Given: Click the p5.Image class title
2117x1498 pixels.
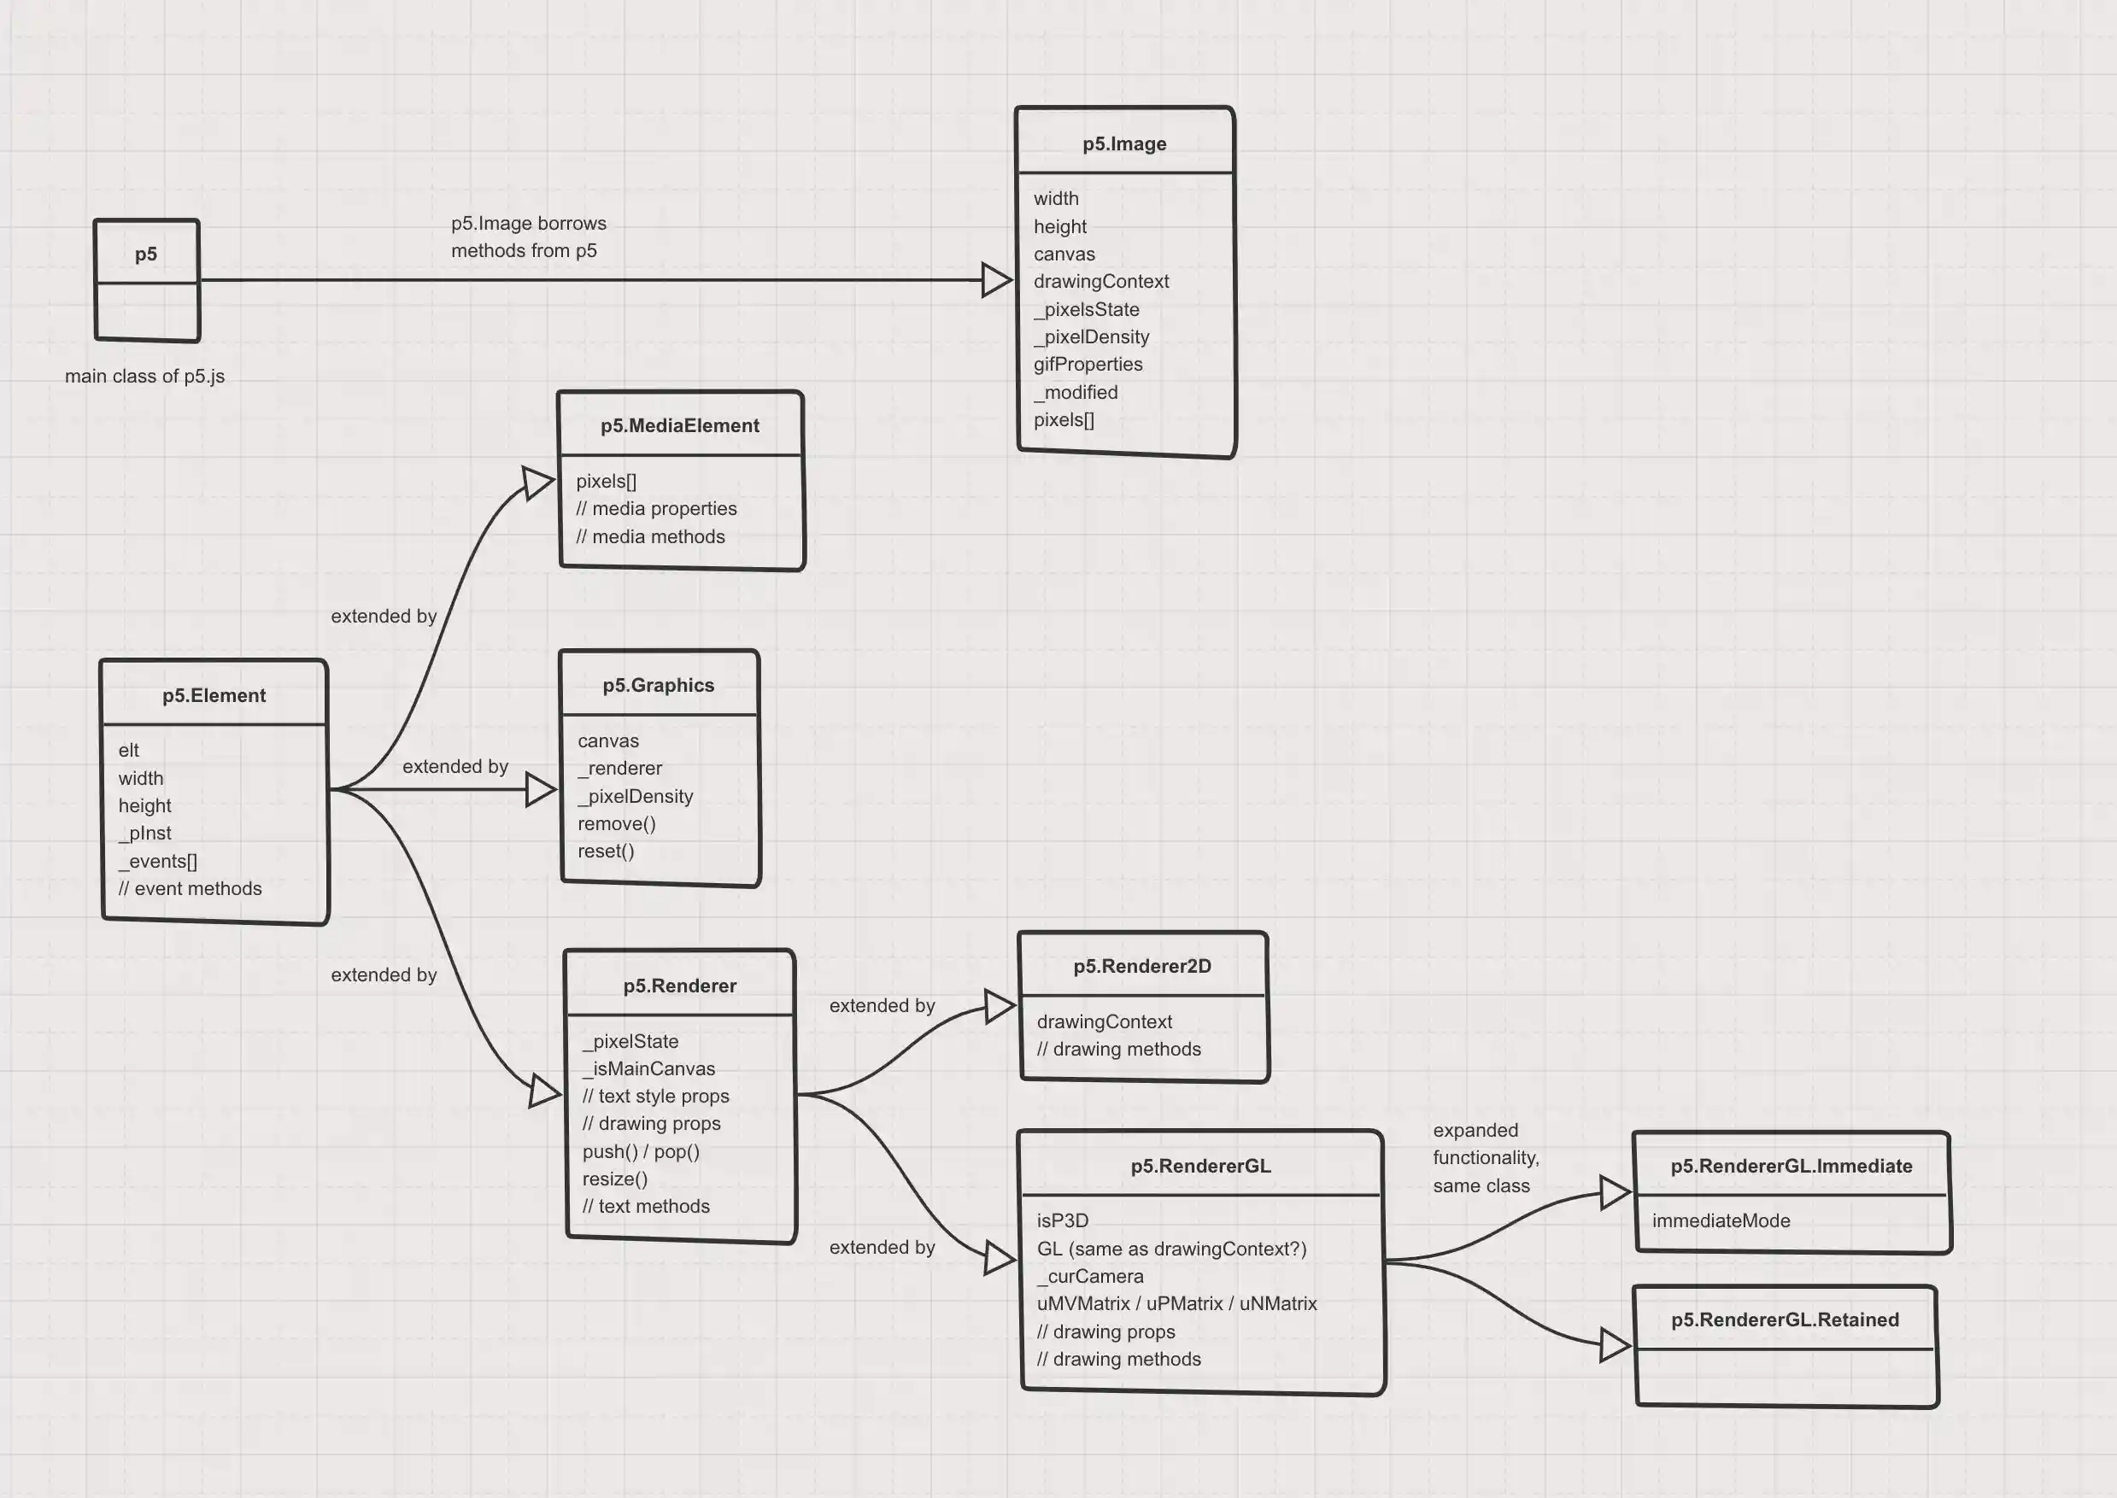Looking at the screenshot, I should [1123, 143].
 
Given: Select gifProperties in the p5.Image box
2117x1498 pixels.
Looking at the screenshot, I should [1088, 365].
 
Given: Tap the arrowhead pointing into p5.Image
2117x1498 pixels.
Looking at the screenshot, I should [996, 279].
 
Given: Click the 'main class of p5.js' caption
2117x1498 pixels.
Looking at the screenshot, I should [145, 377].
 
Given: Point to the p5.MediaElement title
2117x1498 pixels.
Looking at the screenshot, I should [680, 426].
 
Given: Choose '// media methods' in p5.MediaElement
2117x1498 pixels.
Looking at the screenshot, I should [650, 537].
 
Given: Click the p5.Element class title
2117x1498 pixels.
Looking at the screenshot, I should [214, 695].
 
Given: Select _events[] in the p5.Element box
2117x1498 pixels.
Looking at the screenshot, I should [158, 862].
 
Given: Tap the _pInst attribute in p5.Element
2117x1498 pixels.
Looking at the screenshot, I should [145, 834].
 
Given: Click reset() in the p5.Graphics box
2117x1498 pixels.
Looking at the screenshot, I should [606, 851].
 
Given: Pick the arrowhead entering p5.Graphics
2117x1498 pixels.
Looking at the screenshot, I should [541, 790].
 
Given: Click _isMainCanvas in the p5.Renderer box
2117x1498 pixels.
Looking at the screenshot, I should [648, 1069].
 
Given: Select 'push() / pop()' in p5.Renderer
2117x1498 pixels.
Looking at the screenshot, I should [641, 1152].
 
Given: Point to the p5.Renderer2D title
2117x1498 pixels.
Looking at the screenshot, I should [1142, 967].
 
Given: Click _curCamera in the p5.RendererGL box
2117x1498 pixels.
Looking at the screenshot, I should [1090, 1277].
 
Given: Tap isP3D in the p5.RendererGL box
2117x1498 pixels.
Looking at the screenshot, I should [1063, 1221].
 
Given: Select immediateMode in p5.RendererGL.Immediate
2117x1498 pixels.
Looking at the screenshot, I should [1721, 1221].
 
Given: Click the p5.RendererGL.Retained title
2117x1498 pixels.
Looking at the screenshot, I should [1785, 1320].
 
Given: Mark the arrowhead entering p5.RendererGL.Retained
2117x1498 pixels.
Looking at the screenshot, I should [1615, 1346].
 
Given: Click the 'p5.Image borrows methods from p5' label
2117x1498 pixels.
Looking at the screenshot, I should [528, 237].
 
